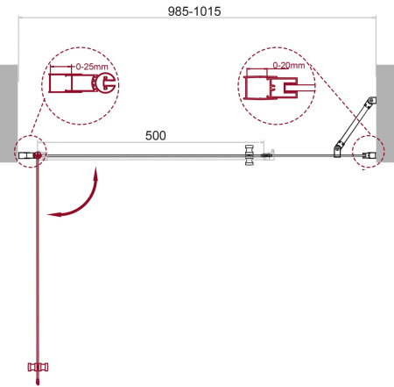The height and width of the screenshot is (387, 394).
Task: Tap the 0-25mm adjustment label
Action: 89,67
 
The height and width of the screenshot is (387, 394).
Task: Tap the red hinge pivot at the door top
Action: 37,156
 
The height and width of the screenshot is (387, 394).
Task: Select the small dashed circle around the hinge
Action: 28,154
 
